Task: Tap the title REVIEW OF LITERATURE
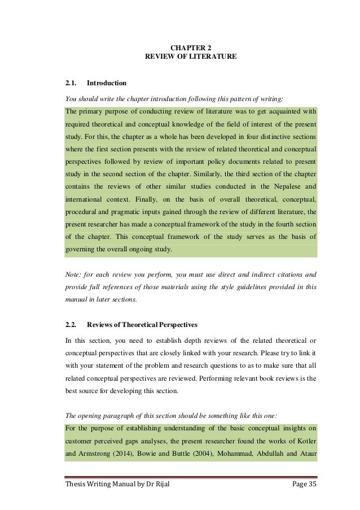[x=191, y=57]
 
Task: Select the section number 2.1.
[x=71, y=83]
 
